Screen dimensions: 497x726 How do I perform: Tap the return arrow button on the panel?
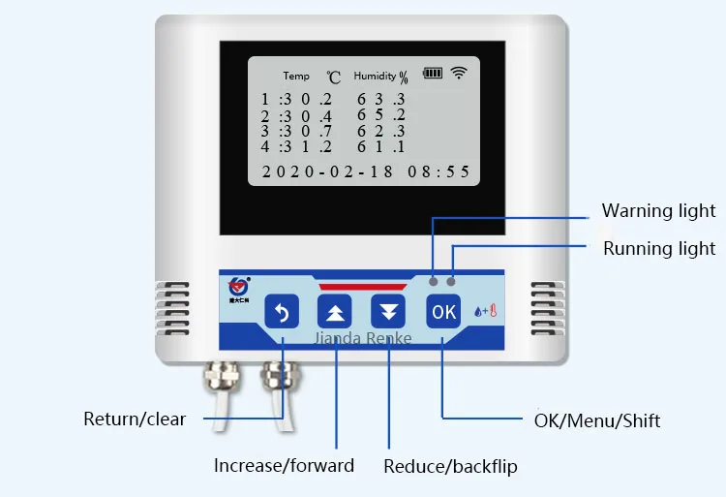click(x=282, y=312)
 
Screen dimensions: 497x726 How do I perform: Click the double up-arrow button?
click(x=335, y=312)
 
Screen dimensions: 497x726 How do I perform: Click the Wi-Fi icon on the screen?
click(x=459, y=73)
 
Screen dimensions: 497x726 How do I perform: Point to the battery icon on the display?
click(x=432, y=73)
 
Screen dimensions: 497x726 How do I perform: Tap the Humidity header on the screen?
click(x=376, y=76)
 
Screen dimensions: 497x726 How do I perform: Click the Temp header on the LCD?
click(x=296, y=76)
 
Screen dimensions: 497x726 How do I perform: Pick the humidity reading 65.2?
click(x=379, y=115)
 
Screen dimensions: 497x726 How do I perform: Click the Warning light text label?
click(x=658, y=211)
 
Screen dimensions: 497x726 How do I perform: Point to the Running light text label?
click(x=658, y=249)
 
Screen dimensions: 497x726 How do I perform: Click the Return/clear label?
click(x=134, y=419)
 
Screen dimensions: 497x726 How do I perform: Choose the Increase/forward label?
click(x=284, y=466)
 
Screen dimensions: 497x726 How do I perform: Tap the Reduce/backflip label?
click(x=450, y=467)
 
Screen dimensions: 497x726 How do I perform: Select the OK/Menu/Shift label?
click(x=597, y=420)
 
